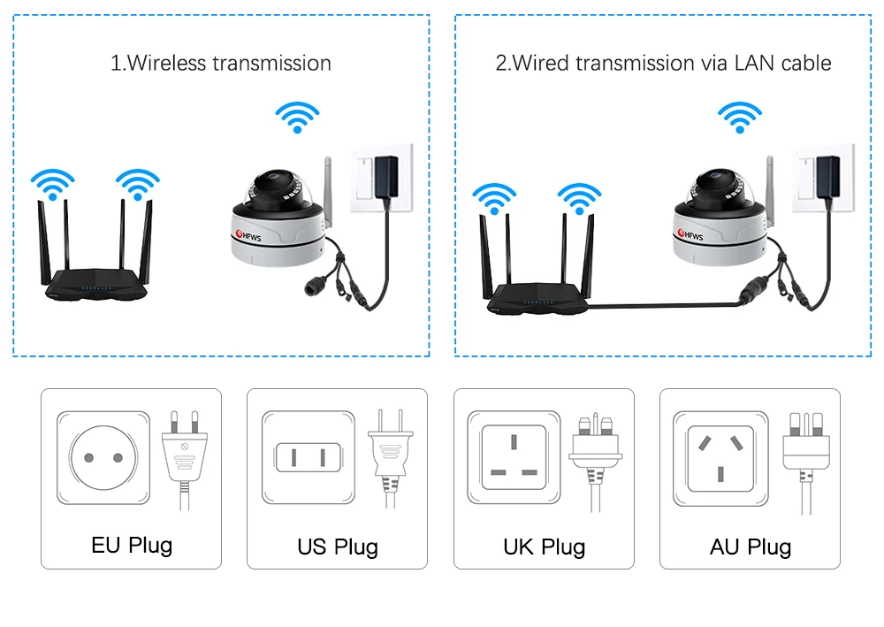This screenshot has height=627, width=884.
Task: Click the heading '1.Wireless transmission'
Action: [220, 64]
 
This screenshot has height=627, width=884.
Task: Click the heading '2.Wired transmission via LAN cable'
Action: [663, 64]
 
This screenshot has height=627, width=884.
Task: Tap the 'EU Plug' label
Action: [132, 544]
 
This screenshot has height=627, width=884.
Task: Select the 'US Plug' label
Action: [338, 547]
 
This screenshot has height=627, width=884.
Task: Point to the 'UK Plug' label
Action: [544, 547]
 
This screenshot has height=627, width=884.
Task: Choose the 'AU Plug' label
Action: [751, 547]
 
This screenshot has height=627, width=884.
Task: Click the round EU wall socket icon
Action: [103, 457]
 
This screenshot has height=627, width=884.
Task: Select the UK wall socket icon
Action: [514, 457]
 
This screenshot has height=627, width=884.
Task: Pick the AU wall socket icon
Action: [719, 457]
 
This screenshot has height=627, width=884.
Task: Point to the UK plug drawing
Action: [598, 455]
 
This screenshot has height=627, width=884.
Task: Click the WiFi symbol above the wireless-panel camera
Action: [297, 116]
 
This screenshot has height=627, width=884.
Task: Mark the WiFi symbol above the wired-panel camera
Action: [739, 116]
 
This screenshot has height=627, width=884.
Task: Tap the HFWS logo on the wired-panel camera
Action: [690, 235]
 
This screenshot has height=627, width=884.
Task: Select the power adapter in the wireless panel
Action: [385, 177]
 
